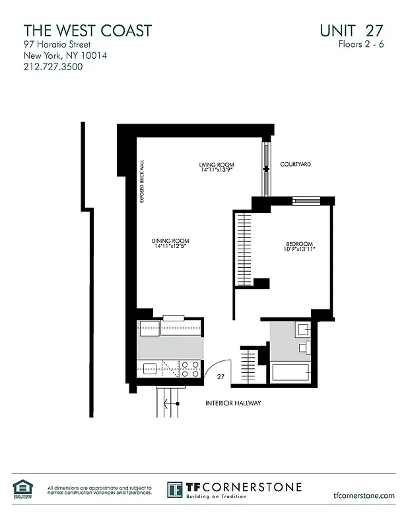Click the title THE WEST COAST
pos(88,30)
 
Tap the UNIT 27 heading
pos(351,30)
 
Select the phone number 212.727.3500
pos(53,67)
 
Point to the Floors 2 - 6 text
pos(360,44)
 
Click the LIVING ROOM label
pos(217,165)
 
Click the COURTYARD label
pos(295,164)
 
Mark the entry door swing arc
pos(221,366)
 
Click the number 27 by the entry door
pos(221,377)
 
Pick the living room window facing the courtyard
pos(266,169)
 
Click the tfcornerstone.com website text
pos(364,495)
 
